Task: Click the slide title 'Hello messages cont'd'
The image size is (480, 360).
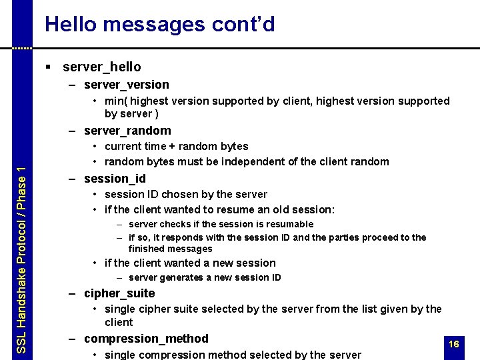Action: coord(160,25)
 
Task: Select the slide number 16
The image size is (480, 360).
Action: coord(454,344)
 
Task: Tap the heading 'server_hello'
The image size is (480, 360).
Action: coord(101,67)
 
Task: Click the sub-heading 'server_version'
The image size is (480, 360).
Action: coord(126,85)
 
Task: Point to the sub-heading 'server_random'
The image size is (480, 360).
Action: coord(127,131)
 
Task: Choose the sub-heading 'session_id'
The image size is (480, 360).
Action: coord(115,179)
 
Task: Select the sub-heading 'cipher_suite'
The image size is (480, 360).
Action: coord(119,293)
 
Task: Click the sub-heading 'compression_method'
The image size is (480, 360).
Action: coord(146,339)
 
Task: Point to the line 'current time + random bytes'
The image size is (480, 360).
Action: coord(177,146)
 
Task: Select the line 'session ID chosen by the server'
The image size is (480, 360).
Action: coord(186,194)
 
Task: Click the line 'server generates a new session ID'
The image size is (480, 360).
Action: coord(205,277)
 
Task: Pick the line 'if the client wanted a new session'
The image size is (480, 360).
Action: coord(190,263)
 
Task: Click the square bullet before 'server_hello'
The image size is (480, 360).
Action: coord(49,67)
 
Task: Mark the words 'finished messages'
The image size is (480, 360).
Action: coord(170,249)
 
